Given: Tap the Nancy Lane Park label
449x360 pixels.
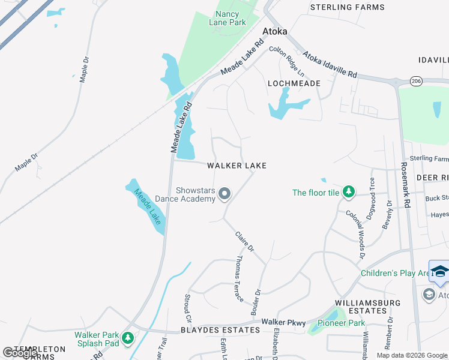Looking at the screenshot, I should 228,18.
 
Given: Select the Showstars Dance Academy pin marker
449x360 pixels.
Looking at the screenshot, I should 224,193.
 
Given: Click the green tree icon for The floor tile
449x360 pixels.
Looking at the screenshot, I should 348,192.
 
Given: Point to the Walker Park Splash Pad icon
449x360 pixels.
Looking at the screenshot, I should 127,338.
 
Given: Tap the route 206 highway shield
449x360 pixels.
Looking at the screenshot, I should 416,80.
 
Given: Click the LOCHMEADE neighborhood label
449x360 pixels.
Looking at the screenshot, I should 294,83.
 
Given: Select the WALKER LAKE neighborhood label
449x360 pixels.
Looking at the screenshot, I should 237,166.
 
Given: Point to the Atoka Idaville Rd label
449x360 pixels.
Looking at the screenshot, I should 330,65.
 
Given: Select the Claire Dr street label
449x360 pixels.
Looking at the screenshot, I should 245,241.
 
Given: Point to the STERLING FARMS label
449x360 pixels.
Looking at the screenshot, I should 347,7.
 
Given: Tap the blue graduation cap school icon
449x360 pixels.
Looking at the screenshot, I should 439,271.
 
